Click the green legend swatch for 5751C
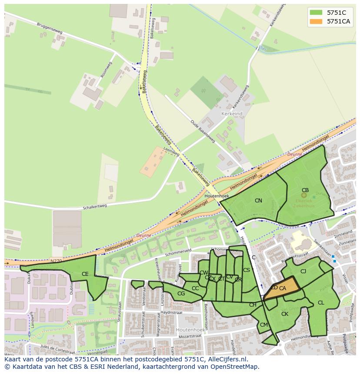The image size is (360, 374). [x=316, y=13]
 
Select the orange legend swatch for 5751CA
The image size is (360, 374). [x=316, y=21]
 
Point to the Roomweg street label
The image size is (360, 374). [x=106, y=70]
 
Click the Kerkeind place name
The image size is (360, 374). [x=232, y=113]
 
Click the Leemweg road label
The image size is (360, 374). [x=171, y=152]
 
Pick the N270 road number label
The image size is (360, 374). [x=56, y=261]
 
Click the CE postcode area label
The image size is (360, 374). [x=85, y=274]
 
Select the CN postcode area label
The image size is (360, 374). [x=258, y=201]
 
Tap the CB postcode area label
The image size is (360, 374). [x=305, y=190]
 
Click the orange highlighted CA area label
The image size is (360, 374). [x=283, y=288]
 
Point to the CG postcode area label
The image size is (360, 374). [x=181, y=294]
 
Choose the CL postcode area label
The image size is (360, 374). [x=321, y=303]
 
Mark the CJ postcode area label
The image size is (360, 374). [x=303, y=271]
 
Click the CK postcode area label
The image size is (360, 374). [x=285, y=314]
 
